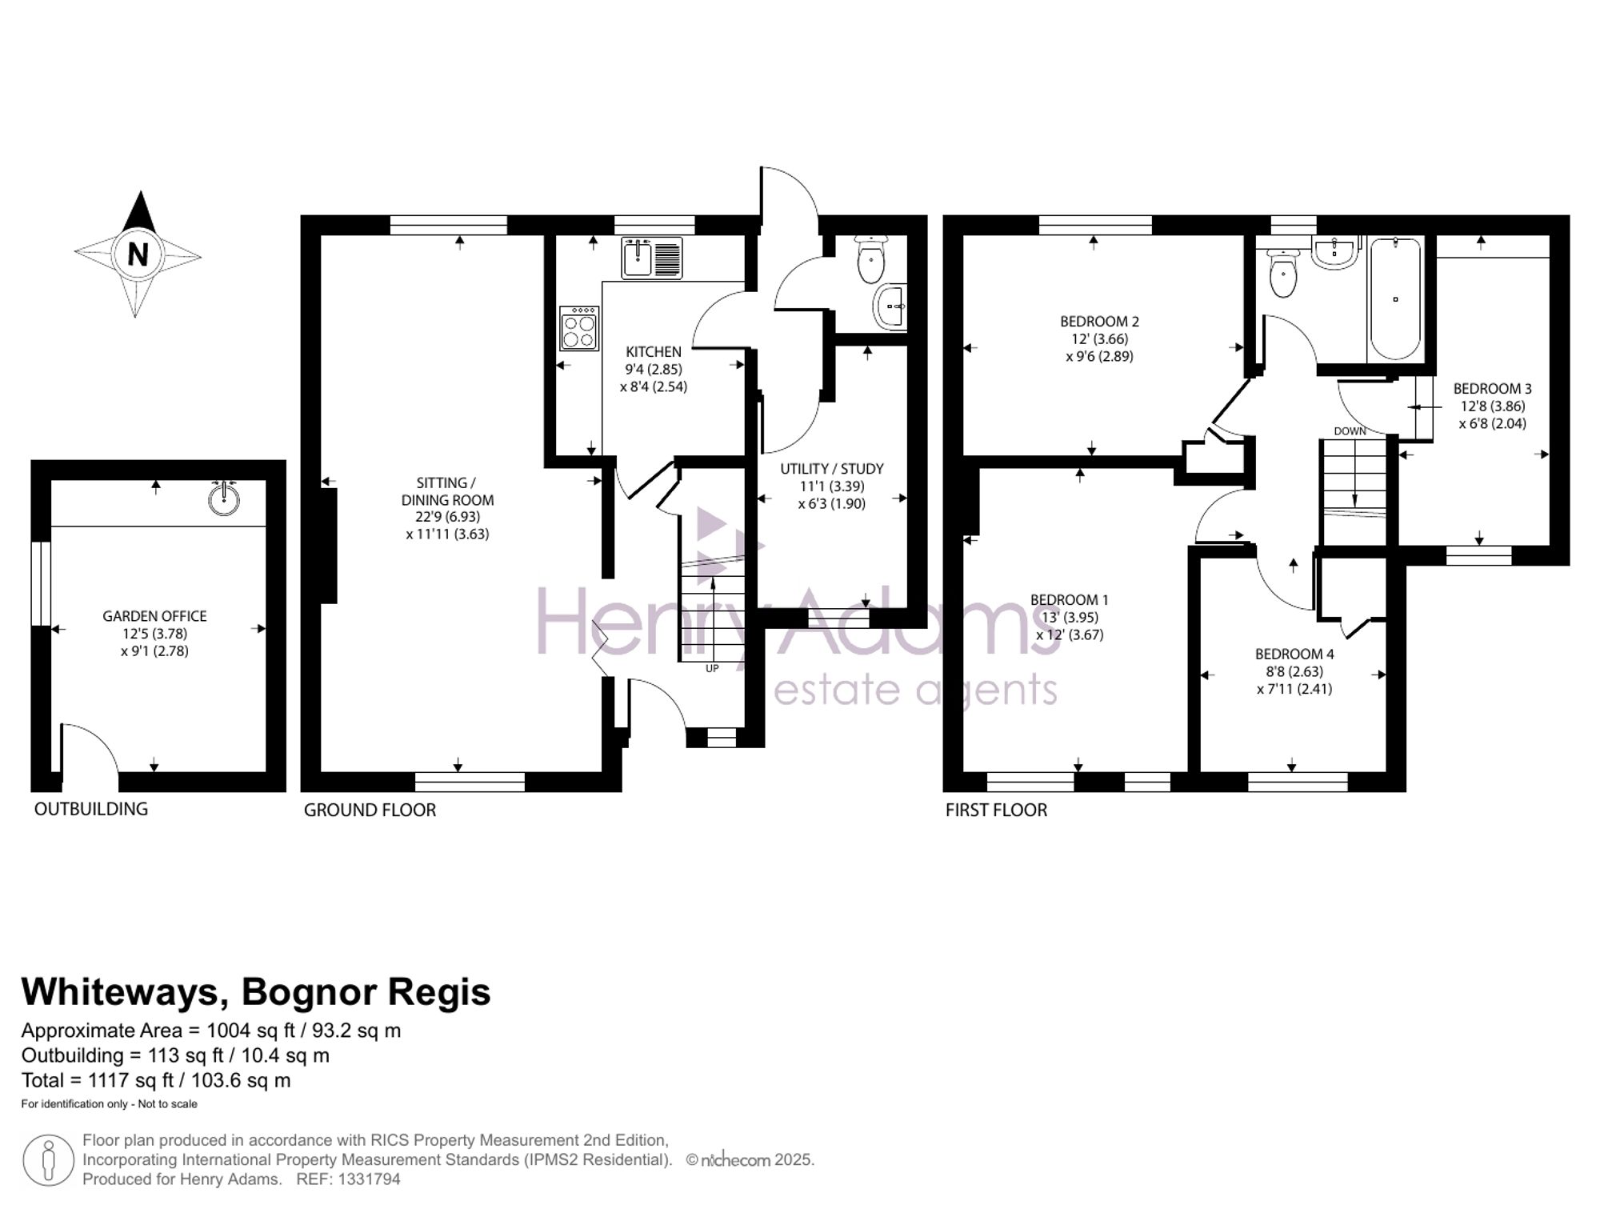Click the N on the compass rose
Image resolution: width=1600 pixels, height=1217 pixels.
coord(138,254)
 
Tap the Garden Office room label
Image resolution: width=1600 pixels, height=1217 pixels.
coord(154,616)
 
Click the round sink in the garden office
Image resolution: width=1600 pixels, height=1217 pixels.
coord(224,498)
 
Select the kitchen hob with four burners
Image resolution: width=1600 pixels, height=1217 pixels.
coord(579,328)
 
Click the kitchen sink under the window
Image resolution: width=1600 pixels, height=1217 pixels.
coord(652,258)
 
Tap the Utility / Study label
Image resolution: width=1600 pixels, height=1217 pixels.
coord(832,469)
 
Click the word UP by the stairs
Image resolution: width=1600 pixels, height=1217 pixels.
coord(712,669)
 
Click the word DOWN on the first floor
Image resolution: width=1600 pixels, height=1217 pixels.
coord(1350,431)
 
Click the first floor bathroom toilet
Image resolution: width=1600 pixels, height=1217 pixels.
coord(1282,271)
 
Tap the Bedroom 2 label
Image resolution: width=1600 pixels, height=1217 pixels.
coord(1099,322)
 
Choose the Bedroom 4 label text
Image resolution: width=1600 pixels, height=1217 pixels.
coord(1294,654)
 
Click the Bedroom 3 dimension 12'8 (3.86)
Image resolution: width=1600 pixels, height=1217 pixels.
coord(1492,406)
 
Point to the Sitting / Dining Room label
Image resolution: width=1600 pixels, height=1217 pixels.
coord(447,491)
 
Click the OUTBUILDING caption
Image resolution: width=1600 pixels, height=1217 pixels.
coord(91,809)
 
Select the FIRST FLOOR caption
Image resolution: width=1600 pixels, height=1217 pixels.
coord(996,810)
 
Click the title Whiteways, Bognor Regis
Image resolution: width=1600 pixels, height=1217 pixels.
coord(256,992)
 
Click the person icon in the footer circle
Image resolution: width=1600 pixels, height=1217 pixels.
coord(49,1160)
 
